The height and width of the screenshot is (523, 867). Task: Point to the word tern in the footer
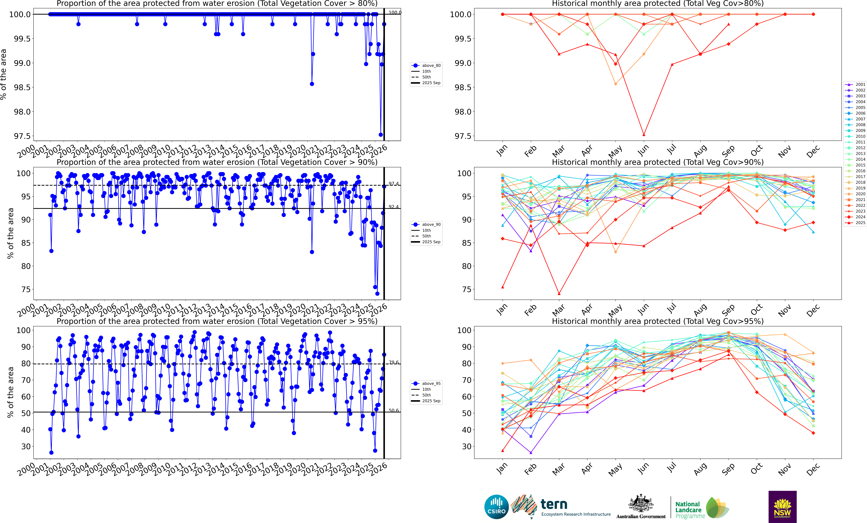(x=554, y=504)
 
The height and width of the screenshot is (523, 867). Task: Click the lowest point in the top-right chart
(x=644, y=135)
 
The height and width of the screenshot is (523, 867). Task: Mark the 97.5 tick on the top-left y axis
(x=22, y=136)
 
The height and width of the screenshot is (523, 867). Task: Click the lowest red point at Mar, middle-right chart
(x=559, y=294)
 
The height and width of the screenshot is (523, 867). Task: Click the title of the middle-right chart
(x=658, y=162)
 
